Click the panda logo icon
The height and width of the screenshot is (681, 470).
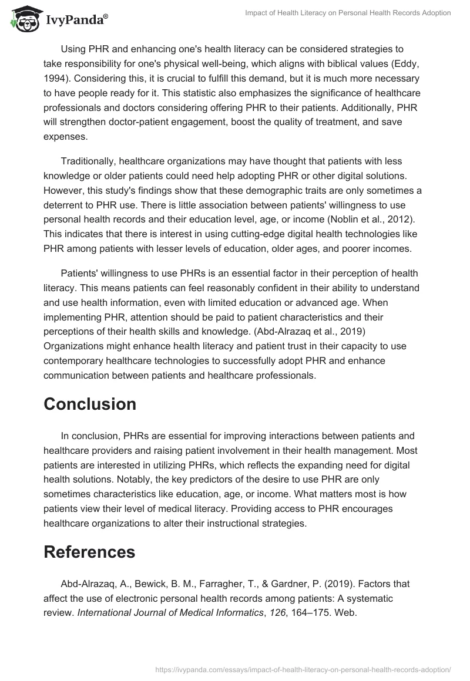(22, 18)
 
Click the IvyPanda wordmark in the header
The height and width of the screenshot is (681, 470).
(76, 21)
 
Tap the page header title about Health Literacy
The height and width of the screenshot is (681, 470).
(348, 13)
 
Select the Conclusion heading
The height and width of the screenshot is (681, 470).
(90, 404)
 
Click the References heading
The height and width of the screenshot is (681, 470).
(89, 552)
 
